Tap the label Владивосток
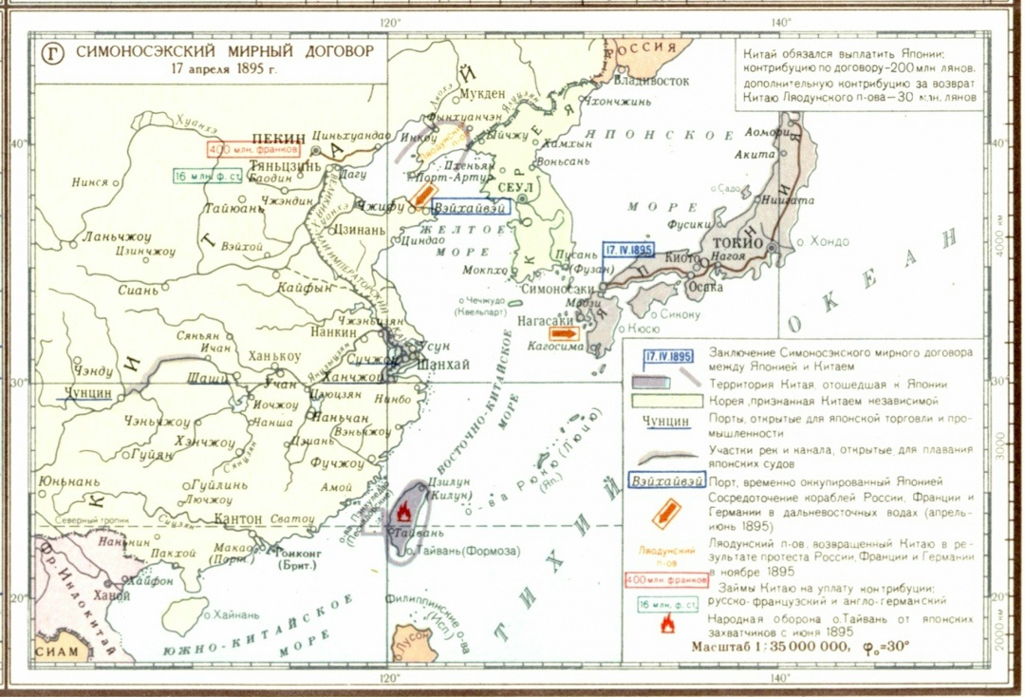coord(654,81)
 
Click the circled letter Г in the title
coord(53,53)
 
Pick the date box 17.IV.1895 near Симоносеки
coord(628,250)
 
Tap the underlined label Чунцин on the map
coord(88,392)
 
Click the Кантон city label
coord(240,519)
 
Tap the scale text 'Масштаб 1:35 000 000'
coord(767,646)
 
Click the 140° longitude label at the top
coord(780,22)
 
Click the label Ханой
coord(111,595)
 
